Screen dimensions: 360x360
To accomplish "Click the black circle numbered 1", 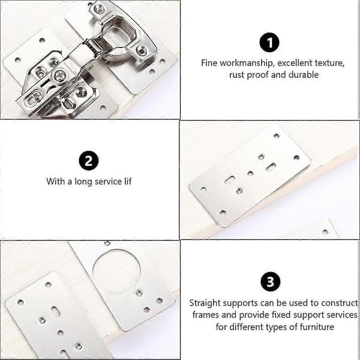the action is (269, 43).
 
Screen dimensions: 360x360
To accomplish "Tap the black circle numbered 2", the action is (89, 160).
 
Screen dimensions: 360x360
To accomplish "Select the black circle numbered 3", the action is (271, 281).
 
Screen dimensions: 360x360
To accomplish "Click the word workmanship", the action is (247, 63).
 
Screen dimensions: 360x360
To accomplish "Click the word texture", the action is (329, 63).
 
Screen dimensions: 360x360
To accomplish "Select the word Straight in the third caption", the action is (205, 303).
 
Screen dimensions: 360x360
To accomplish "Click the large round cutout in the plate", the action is (116, 271).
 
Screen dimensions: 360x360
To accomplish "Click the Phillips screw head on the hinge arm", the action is (59, 75).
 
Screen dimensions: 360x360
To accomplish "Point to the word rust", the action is (237, 75).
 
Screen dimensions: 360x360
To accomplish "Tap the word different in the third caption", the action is (246, 327).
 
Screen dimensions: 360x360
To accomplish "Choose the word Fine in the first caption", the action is (209, 63).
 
